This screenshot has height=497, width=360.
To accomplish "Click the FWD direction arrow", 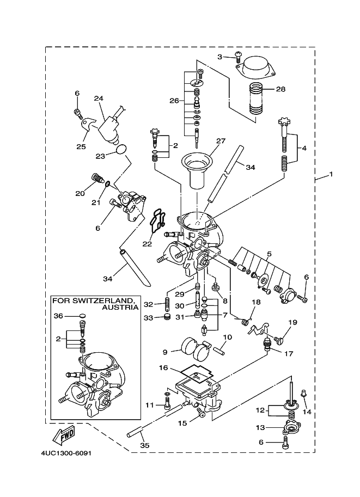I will click(64, 435).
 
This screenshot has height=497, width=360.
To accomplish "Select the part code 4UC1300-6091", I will click(65, 453).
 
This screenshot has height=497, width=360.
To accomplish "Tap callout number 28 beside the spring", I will click(280, 89).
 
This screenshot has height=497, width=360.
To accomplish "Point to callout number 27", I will click(220, 141).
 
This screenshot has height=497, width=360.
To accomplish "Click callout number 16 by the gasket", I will click(163, 368).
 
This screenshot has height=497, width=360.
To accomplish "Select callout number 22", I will click(147, 243).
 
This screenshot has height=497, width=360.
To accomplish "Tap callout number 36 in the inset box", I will click(58, 316).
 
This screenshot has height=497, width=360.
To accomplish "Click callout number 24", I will click(99, 99).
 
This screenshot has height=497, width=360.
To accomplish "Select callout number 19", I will click(292, 323).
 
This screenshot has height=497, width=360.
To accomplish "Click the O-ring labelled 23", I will click(123, 148).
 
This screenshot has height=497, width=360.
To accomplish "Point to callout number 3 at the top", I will click(220, 57).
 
